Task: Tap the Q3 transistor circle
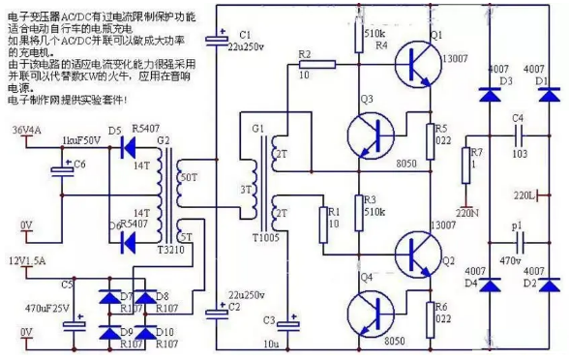tap(369, 129)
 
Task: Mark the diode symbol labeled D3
tap(488, 95)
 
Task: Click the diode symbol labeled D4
tap(488, 285)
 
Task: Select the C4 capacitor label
tap(519, 118)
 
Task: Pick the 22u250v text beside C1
tap(248, 46)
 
